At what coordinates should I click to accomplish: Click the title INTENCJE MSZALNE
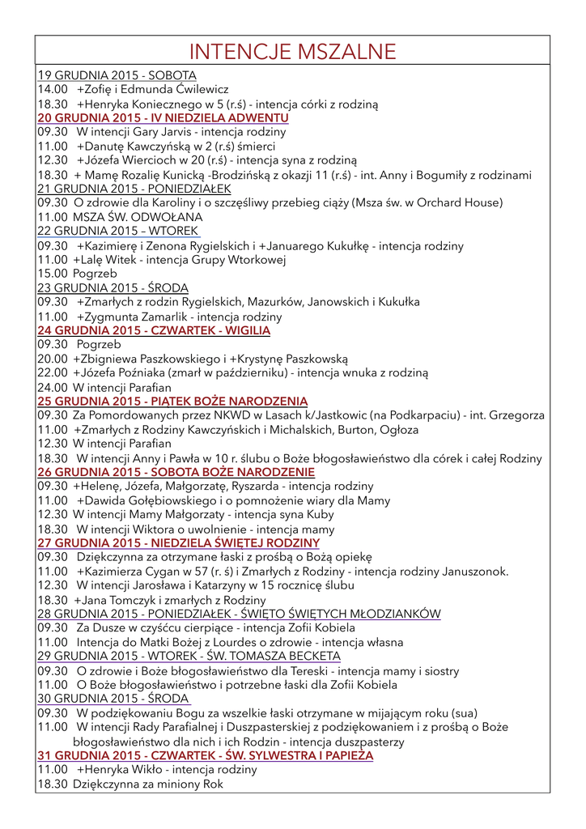(292, 53)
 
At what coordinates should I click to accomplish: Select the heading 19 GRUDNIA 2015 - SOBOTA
(117, 75)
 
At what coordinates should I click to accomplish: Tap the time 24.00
(52, 387)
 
